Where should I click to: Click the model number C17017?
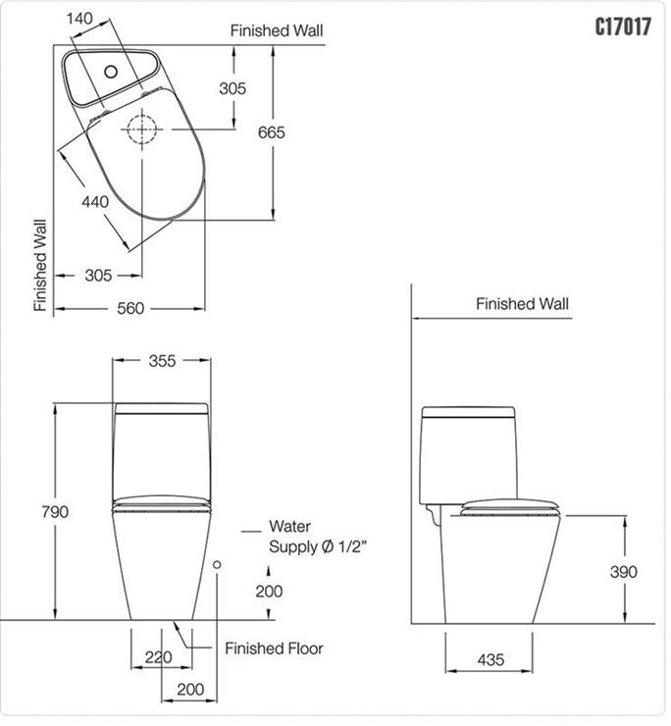(x=623, y=26)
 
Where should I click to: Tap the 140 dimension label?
(x=79, y=19)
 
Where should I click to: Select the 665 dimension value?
(x=272, y=132)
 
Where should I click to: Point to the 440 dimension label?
(x=95, y=202)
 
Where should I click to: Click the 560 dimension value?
(x=130, y=308)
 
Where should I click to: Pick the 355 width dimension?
(x=162, y=361)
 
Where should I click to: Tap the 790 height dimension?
(x=55, y=511)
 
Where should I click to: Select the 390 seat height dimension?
(x=624, y=572)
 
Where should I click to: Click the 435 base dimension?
(x=490, y=659)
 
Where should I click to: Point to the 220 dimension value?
(x=158, y=657)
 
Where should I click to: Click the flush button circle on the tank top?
(x=111, y=72)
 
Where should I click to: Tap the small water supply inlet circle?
(x=217, y=564)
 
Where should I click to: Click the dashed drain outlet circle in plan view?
(x=142, y=130)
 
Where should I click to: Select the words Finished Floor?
(x=274, y=648)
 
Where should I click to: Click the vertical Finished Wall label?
(x=41, y=265)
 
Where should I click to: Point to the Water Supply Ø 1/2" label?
(x=318, y=537)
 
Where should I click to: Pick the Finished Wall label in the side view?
(x=522, y=304)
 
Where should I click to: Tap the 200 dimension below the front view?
(x=190, y=690)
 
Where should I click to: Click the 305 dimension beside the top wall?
(x=232, y=88)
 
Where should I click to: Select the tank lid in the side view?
(x=468, y=412)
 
